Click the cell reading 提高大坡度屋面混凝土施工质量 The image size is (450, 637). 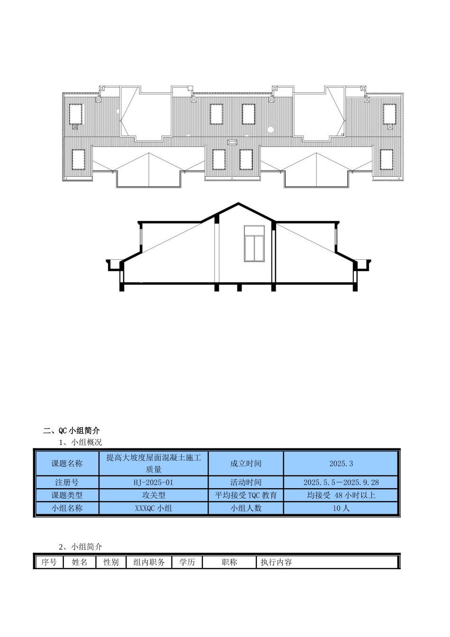click(x=153, y=464)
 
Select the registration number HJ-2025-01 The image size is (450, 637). click(x=153, y=482)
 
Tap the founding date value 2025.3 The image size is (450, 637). click(x=341, y=464)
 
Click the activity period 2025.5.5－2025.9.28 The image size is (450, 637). click(x=341, y=482)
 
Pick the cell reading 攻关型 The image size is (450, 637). click(x=153, y=495)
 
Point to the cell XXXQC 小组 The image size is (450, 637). click(x=153, y=508)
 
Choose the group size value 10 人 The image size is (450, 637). click(x=341, y=508)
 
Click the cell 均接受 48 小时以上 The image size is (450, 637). click(x=341, y=495)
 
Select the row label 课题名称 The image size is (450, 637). click(x=67, y=464)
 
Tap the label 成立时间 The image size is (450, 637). click(x=246, y=464)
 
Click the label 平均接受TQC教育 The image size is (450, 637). click(x=246, y=495)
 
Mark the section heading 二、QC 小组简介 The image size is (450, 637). click(x=72, y=430)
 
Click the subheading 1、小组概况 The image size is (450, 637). click(x=80, y=442)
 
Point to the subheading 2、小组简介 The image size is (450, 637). click(x=80, y=547)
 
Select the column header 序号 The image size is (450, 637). click(x=49, y=562)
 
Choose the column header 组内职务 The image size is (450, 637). click(x=149, y=562)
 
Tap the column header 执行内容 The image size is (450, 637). click(x=276, y=562)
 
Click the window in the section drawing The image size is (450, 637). click(x=254, y=243)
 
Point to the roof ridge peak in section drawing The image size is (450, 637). click(x=239, y=204)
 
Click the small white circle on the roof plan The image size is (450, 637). click(x=270, y=129)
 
